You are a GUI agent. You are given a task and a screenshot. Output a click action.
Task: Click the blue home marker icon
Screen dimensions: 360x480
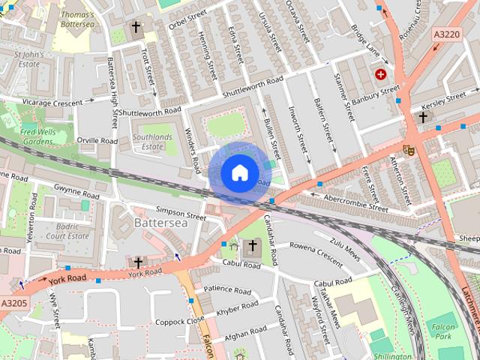click(x=238, y=172)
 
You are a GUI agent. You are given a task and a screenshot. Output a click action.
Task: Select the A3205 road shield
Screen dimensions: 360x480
click(x=14, y=303)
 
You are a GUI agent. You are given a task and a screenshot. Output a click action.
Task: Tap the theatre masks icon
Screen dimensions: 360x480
click(x=409, y=149)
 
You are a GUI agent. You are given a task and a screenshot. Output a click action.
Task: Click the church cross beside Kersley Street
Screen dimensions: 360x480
click(x=423, y=117)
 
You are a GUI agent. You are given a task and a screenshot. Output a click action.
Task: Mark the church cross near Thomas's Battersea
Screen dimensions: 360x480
click(x=136, y=29)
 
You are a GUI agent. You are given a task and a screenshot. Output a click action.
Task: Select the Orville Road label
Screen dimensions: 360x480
click(x=97, y=140)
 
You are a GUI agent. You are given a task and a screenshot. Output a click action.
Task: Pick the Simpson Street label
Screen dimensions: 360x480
click(x=180, y=213)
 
